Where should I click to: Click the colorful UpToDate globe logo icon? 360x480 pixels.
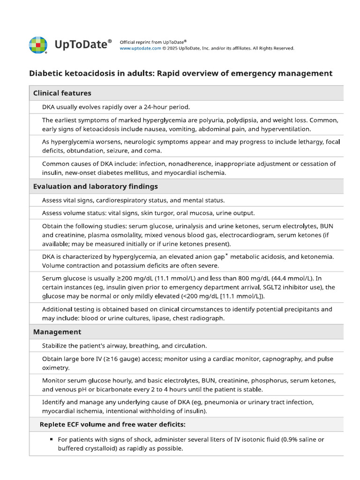pyautogui.click(x=38, y=45)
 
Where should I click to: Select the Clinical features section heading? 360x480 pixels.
pyautogui.click(x=62, y=93)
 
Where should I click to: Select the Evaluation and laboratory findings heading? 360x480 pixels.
pyautogui.click(x=95, y=187)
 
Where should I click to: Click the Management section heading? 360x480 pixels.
pyautogui.click(x=57, y=332)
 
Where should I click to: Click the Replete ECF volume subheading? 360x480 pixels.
pyautogui.click(x=112, y=425)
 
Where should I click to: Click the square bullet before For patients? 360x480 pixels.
pyautogui.click(x=51, y=440)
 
